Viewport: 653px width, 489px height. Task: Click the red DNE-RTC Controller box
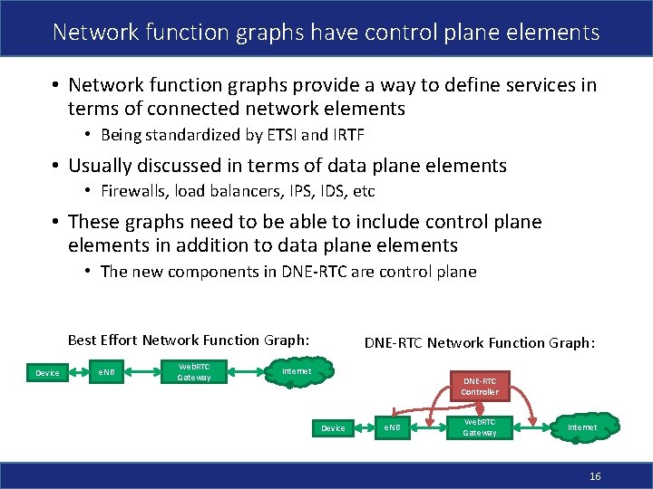point(479,387)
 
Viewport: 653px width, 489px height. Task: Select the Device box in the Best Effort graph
point(47,372)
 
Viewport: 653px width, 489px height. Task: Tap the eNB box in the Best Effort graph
point(106,372)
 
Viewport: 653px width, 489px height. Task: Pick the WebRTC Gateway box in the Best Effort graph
point(193,371)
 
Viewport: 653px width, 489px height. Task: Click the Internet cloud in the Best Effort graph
point(297,371)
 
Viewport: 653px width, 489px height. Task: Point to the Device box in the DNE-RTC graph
point(333,427)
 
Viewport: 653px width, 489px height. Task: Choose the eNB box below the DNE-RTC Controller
point(392,427)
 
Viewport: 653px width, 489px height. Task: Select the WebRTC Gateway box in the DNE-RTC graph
point(480,427)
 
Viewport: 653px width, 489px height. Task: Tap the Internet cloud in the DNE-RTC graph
point(582,427)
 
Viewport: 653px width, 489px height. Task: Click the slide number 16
point(595,476)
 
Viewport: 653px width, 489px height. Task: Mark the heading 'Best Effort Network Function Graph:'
point(189,340)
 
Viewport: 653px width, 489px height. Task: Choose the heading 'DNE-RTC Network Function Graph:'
point(479,342)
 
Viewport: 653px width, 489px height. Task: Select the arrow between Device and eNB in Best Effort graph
point(77,372)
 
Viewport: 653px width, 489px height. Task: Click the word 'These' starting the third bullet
point(93,222)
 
